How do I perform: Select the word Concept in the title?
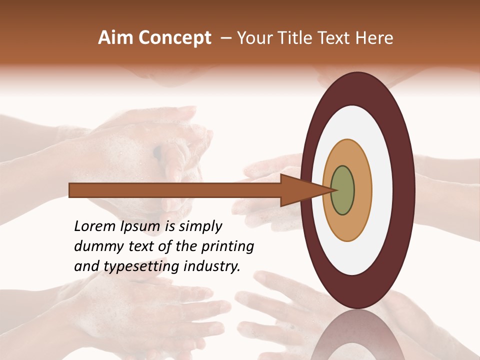coord(174,38)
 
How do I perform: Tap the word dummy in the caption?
coord(98,246)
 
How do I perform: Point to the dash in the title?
coord(225,38)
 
